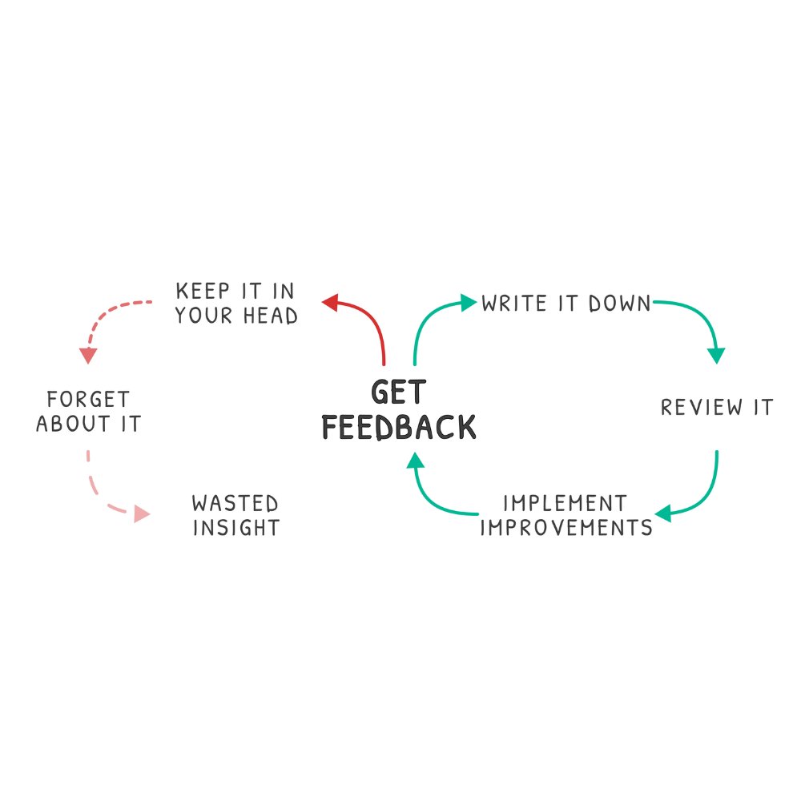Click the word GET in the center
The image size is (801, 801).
pos(398,392)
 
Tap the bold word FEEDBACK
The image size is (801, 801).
pos(399,427)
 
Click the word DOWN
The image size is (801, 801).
pos(620,304)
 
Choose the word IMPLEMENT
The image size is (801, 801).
pos(565,504)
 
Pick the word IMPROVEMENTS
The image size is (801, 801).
pos(565,528)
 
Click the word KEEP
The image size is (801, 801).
pos(201,291)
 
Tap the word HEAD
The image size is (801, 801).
pos(268,316)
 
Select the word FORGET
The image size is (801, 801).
pos(88,399)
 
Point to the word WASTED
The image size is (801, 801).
pos(235,504)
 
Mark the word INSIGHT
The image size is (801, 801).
pos(236,528)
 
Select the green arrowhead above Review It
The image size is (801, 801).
pos(716,355)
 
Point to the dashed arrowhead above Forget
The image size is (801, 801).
pos(88,356)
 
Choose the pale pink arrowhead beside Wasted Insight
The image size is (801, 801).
pos(142,513)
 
